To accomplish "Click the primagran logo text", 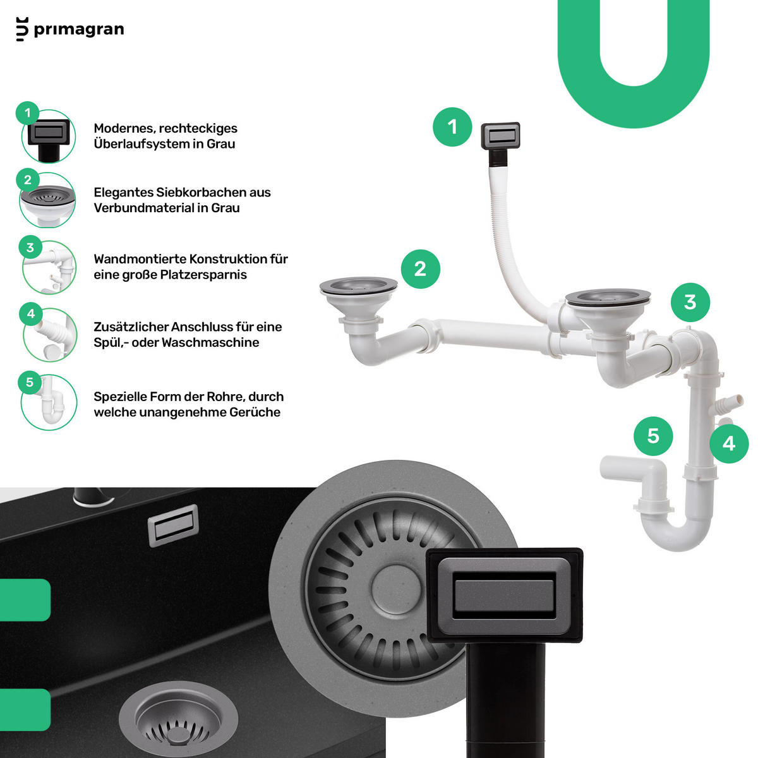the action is click(x=79, y=30).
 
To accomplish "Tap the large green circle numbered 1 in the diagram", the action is click(x=452, y=127).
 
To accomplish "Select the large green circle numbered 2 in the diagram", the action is click(x=420, y=269).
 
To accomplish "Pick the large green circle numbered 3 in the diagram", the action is click(x=690, y=302).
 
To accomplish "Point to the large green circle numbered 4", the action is click(x=729, y=443).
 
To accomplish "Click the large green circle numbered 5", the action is click(x=653, y=436).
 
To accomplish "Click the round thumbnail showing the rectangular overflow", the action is click(x=49, y=136).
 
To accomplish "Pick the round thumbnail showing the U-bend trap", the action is click(x=49, y=402).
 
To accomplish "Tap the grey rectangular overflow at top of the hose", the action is click(x=500, y=136).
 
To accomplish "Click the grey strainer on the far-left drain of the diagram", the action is click(x=358, y=285).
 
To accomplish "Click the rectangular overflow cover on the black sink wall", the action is click(x=173, y=526).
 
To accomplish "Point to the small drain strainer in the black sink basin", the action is click(x=178, y=719).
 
